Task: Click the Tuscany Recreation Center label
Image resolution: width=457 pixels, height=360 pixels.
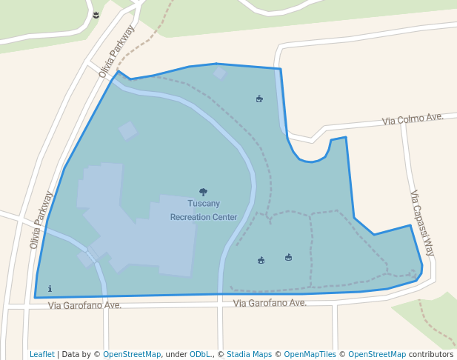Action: (x=204, y=210)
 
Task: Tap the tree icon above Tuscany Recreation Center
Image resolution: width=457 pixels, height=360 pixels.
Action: (x=204, y=192)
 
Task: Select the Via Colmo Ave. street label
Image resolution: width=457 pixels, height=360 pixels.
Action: (x=413, y=119)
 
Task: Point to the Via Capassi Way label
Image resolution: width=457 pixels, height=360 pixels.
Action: (x=422, y=223)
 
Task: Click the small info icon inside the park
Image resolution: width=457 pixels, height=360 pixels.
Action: (x=50, y=289)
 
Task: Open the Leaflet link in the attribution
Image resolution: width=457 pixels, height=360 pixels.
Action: (x=41, y=354)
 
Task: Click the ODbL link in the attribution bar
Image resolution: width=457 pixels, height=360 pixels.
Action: (x=200, y=354)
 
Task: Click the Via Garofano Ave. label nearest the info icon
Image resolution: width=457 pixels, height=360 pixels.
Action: (x=84, y=305)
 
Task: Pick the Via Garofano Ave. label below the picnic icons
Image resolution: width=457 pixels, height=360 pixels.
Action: (x=270, y=303)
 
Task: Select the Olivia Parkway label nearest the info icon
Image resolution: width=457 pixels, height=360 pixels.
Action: (x=42, y=219)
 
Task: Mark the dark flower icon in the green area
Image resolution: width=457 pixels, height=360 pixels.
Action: (x=97, y=15)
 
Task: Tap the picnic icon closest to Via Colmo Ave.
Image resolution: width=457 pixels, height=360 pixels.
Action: (x=259, y=99)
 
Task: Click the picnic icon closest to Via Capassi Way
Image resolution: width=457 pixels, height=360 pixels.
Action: (x=289, y=257)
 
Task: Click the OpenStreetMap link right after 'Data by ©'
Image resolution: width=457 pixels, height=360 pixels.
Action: (x=132, y=354)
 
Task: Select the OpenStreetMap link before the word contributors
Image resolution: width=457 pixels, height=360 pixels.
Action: (x=377, y=354)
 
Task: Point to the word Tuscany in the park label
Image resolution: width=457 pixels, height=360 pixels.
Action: (x=204, y=204)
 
